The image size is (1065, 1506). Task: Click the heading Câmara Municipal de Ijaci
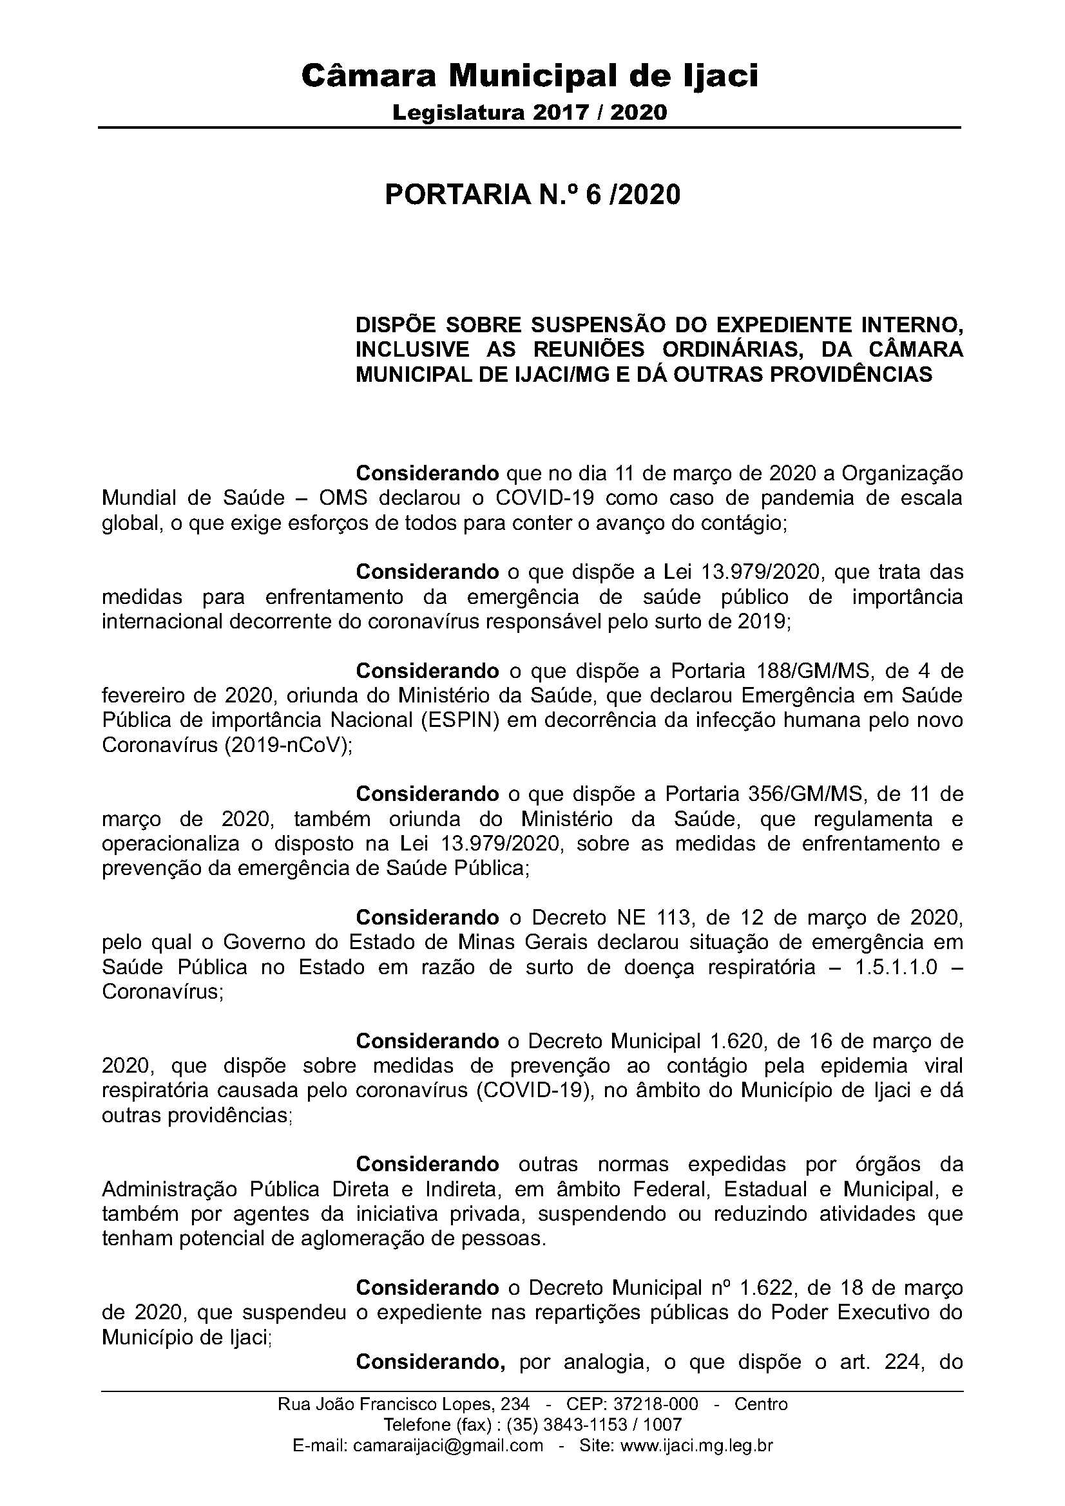click(x=530, y=76)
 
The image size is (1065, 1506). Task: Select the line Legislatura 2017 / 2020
click(x=530, y=113)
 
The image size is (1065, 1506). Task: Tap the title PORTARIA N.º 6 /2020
click(x=532, y=194)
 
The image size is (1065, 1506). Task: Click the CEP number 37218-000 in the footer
click(x=655, y=1404)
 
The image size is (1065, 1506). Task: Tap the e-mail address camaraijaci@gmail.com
click(x=448, y=1445)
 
